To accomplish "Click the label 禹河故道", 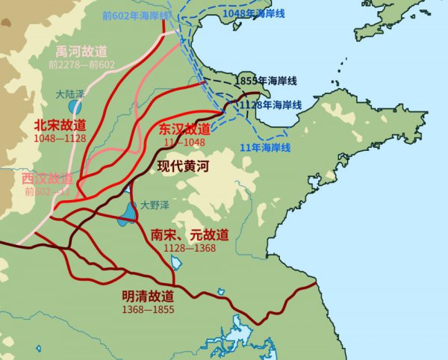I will click(x=82, y=51).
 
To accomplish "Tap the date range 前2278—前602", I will click(x=82, y=64).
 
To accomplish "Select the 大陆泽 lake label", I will click(x=72, y=95).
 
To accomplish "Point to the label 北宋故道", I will click(x=59, y=125).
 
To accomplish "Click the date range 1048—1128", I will click(x=59, y=138).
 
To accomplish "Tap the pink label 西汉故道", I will click(x=47, y=179).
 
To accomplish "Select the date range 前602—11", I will click(x=49, y=191).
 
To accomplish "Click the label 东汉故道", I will click(x=184, y=128).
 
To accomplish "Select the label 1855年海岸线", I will click(x=266, y=80).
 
